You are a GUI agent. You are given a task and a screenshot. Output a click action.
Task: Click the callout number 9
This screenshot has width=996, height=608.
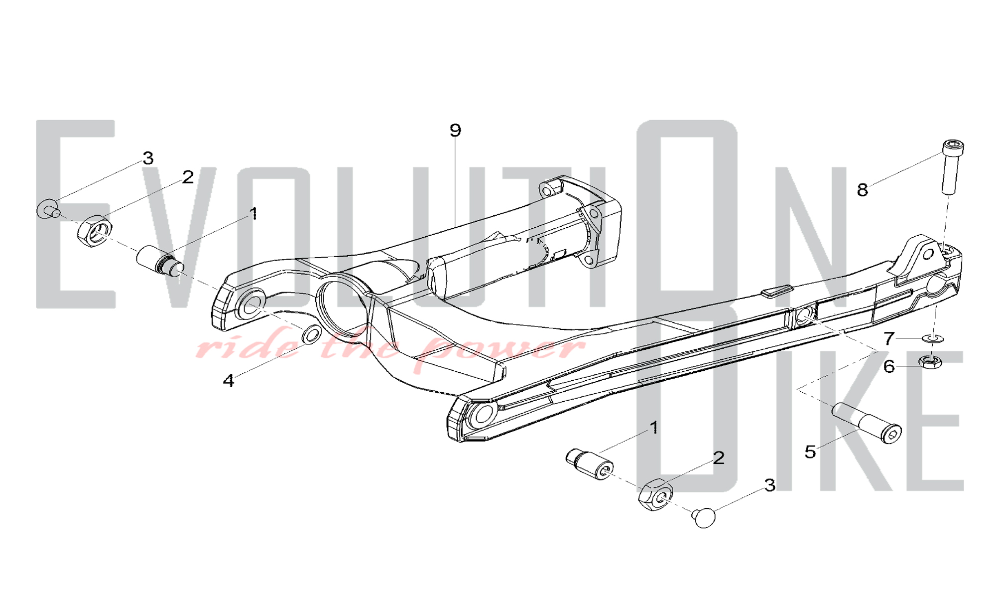(455, 131)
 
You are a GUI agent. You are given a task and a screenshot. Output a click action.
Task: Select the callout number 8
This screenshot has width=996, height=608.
(863, 190)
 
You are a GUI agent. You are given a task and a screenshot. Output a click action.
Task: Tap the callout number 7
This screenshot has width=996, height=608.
(889, 339)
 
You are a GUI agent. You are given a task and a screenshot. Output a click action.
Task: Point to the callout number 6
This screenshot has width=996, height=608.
(889, 367)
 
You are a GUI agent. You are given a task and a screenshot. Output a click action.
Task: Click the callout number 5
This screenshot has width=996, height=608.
(810, 452)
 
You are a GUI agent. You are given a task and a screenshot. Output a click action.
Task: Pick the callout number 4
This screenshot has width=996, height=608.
(228, 381)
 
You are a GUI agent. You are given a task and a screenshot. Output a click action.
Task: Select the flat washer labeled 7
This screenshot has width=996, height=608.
(933, 339)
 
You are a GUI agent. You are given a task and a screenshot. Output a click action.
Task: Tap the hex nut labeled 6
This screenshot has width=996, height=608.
(930, 361)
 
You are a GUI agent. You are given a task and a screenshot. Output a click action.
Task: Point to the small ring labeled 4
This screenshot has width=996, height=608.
(312, 334)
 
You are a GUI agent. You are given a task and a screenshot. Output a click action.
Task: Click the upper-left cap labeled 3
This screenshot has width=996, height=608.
(48, 209)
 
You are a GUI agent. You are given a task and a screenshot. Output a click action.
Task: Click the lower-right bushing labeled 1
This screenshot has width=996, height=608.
(590, 464)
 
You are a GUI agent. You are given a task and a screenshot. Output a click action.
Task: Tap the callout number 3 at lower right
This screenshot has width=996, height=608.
(770, 485)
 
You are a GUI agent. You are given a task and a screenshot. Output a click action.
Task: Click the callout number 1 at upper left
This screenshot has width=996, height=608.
(253, 214)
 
